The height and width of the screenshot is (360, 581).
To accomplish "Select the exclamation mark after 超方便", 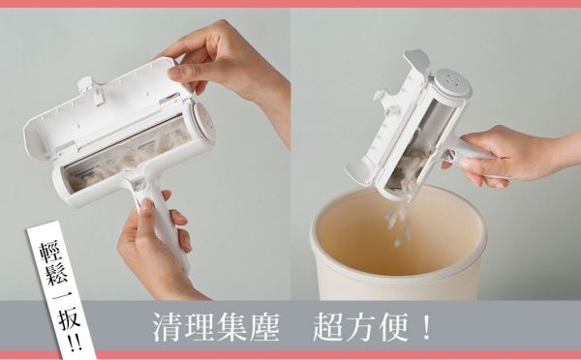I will click(426, 326).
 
